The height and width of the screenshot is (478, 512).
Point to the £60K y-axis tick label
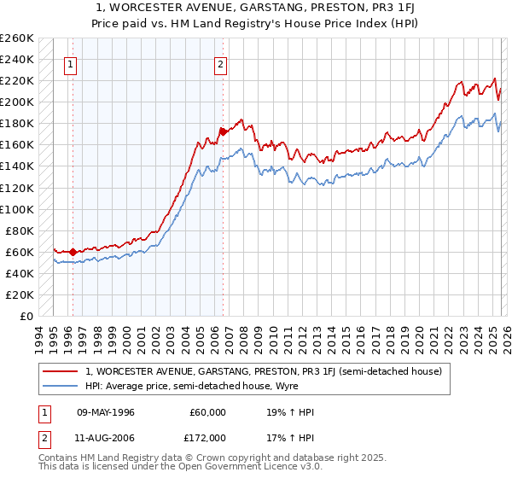[x=20, y=252]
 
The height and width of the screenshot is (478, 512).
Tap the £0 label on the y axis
[x=26, y=316]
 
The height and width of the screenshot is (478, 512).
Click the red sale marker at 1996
[x=73, y=252]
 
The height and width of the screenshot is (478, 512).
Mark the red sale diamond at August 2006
[x=223, y=131]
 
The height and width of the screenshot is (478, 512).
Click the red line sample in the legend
[x=61, y=372]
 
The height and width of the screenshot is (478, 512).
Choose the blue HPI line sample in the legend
[x=61, y=387]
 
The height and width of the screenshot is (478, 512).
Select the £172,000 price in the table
[x=207, y=437]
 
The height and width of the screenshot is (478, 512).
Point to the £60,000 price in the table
[x=207, y=412]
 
